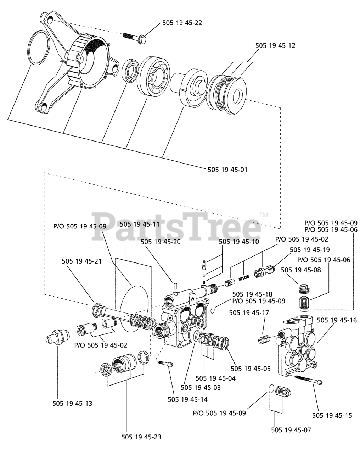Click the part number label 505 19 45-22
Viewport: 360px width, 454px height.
click(182, 23)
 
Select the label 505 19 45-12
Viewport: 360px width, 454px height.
click(275, 45)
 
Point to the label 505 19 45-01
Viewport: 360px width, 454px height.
click(227, 170)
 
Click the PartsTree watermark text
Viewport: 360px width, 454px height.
click(176, 227)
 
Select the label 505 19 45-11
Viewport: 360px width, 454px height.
click(140, 224)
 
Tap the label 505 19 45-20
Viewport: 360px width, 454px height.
click(161, 242)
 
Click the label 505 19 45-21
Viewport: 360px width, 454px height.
click(82, 261)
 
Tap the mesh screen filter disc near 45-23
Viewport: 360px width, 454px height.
click(106, 369)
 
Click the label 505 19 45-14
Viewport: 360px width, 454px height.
click(187, 399)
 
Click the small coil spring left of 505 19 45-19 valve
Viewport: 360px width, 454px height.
click(244, 278)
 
